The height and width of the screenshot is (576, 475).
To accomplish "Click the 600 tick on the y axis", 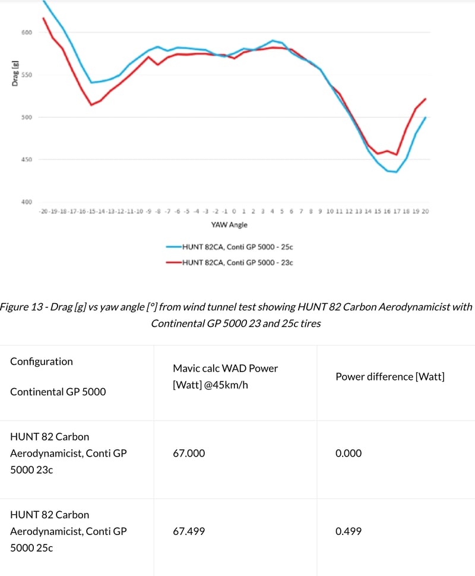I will [x=27, y=32].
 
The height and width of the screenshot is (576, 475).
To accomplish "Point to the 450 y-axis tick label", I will [x=27, y=159].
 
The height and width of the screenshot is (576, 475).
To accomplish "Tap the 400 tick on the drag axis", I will [x=27, y=202].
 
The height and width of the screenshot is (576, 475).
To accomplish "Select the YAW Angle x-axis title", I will [x=229, y=225].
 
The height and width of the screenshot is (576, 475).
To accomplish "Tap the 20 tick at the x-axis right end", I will [x=425, y=211].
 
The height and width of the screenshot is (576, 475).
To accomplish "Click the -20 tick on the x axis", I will [x=43, y=211].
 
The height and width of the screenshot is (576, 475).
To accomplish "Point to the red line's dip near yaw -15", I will [x=91, y=105].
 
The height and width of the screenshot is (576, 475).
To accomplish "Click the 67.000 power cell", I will [x=189, y=453].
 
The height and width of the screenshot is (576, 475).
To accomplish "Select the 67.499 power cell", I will [x=189, y=531].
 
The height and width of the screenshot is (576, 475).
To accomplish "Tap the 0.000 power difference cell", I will [x=349, y=453].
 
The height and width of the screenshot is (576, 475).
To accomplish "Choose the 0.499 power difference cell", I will [x=349, y=531].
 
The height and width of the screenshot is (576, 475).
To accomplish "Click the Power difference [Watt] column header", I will [x=390, y=376].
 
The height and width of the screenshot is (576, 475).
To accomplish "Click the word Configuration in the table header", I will [x=42, y=361].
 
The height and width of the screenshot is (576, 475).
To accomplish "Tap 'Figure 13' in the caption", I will [x=20, y=307].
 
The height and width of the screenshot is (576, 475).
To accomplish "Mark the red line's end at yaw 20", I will [x=426, y=99].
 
